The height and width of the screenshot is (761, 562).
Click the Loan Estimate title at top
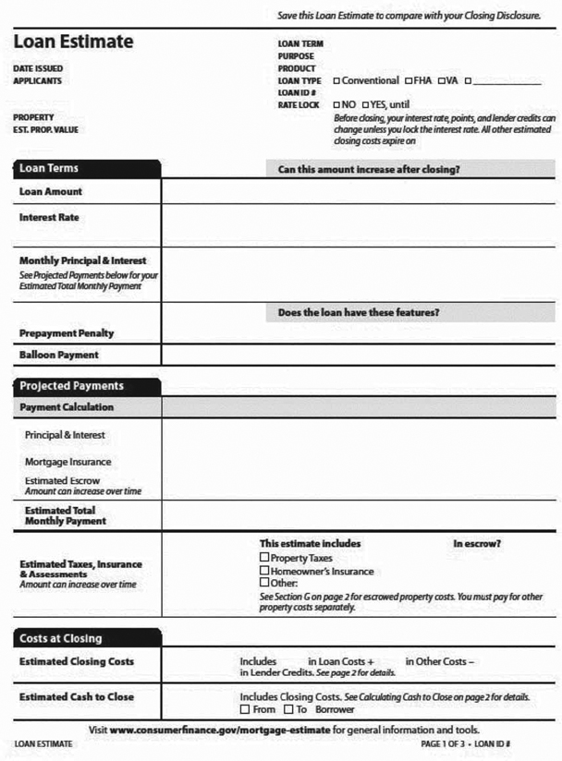pos(73,42)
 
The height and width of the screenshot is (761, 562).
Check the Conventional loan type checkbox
pos(336,81)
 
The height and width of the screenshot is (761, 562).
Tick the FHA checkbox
pos(408,81)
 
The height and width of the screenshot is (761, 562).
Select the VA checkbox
pos(442,81)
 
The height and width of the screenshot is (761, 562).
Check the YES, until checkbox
pos(365,105)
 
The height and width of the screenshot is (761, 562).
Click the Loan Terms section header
pos(50,169)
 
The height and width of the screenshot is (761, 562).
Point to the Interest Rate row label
pos(49,218)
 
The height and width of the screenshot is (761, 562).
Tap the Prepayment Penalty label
pos(67,333)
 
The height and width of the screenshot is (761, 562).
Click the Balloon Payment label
pos(59,355)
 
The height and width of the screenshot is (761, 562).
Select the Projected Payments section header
pos(72,386)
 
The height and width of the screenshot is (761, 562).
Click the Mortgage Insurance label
pos(68,462)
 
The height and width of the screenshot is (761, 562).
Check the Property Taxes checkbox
pos(264,558)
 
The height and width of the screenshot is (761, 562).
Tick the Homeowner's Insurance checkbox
pos(264,571)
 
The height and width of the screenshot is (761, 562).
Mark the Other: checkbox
pos(264,583)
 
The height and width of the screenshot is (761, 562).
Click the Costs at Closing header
pos(61,638)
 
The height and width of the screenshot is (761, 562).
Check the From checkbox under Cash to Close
pos(244,709)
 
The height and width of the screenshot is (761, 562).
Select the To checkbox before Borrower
pos(288,709)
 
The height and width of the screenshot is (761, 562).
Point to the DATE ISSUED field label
pos(39,68)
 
